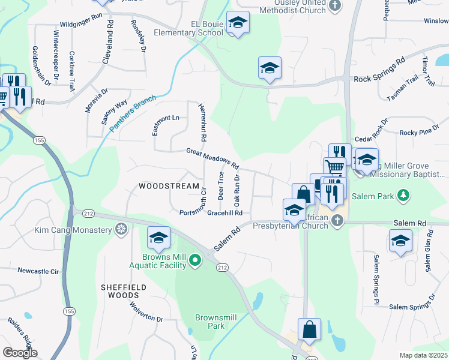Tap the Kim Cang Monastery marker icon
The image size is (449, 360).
pos(121,230)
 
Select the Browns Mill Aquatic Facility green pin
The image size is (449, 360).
pos(194,260)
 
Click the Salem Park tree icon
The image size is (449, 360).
pos(404,195)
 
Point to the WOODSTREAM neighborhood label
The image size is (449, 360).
pos(169,187)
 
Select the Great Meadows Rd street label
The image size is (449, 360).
pos(212,158)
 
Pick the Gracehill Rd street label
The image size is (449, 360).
pos(224,213)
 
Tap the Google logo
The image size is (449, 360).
pos(20,353)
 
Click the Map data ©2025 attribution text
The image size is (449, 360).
pos(423,355)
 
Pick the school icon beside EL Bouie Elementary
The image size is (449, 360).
pos(238,23)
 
